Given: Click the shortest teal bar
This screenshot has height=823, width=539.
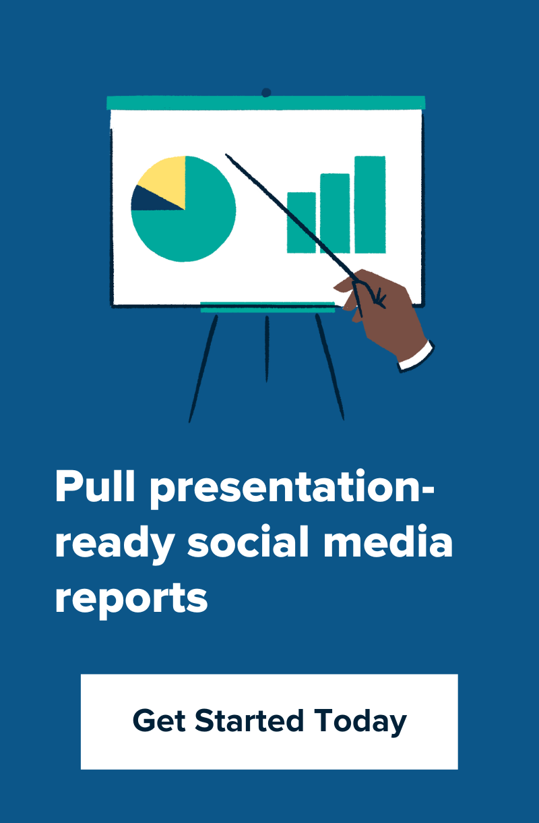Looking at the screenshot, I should click(301, 223).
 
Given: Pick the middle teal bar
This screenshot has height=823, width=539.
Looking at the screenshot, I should click(335, 213).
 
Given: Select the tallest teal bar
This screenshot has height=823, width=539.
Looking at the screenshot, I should click(370, 204).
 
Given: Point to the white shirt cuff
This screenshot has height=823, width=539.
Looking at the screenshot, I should click(416, 356).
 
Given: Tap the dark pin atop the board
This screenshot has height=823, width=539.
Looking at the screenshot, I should click(266, 92).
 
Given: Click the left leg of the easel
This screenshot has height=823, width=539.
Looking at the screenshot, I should click(203, 368).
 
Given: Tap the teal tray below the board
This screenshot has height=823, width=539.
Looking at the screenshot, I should click(267, 308).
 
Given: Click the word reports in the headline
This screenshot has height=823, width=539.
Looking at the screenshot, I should click(131, 598).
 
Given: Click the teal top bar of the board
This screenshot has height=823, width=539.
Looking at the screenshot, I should click(266, 103).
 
